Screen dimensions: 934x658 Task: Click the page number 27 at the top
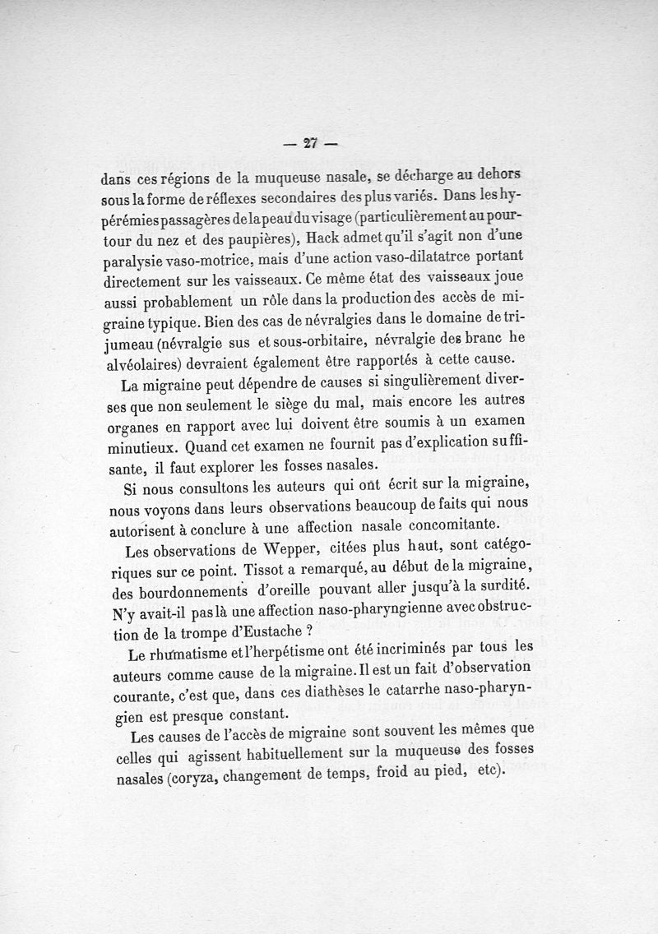310,142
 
